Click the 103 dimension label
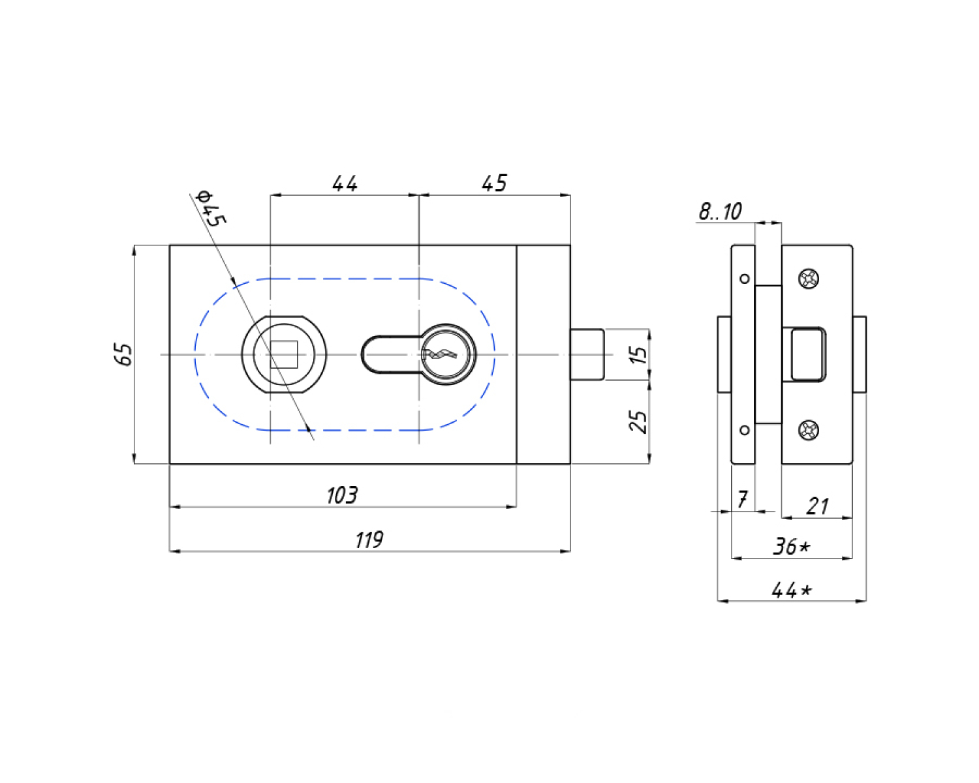[342, 495]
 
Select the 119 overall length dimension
[369, 540]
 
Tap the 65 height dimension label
[123, 354]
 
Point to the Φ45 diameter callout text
[210, 208]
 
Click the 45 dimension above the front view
[494, 183]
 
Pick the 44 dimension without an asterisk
[345, 183]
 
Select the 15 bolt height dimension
[639, 354]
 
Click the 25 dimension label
[638, 422]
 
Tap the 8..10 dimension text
[720, 211]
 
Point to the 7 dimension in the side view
[742, 500]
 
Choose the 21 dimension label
[817, 506]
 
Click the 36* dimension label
[792, 546]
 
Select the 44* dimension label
[792, 591]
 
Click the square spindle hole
[284, 354]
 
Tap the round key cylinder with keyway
[446, 354]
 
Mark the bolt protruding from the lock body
[587, 354]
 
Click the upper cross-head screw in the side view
[809, 278]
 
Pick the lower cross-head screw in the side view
[809, 430]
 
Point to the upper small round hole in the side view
[745, 279]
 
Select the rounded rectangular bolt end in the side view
[808, 354]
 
